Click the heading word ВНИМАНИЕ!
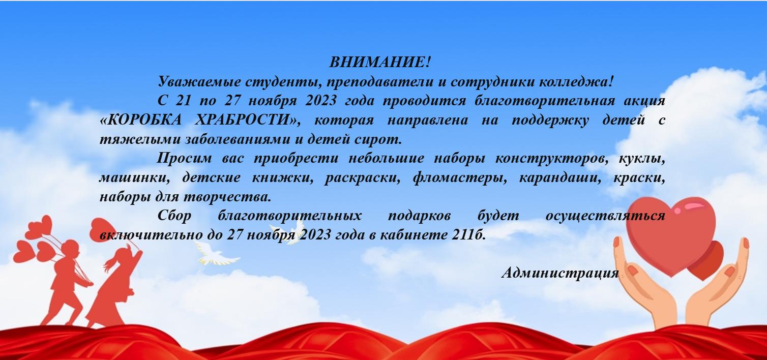379,62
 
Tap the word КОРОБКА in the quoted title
140,120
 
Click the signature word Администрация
560,273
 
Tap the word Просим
185,159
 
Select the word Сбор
174,216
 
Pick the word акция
644,101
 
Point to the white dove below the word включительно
217,254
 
